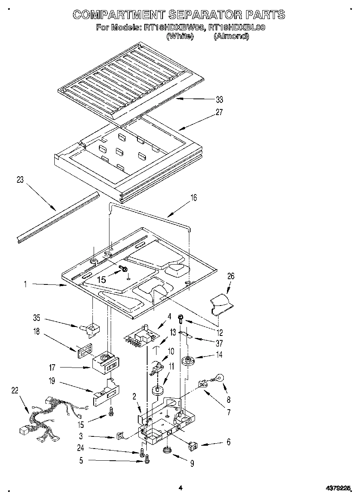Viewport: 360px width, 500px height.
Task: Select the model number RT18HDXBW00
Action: coord(173,28)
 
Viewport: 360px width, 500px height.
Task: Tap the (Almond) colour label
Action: coord(231,36)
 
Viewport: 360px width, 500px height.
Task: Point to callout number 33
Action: coord(219,100)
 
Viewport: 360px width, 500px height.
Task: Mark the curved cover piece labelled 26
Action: coord(222,305)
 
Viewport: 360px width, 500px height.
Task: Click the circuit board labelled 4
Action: coord(141,335)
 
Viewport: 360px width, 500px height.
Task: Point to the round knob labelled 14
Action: coord(188,360)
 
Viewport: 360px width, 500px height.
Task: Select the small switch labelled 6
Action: coord(193,446)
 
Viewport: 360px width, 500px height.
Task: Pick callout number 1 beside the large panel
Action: coord(25,284)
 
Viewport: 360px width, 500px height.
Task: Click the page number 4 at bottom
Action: coord(180,488)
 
